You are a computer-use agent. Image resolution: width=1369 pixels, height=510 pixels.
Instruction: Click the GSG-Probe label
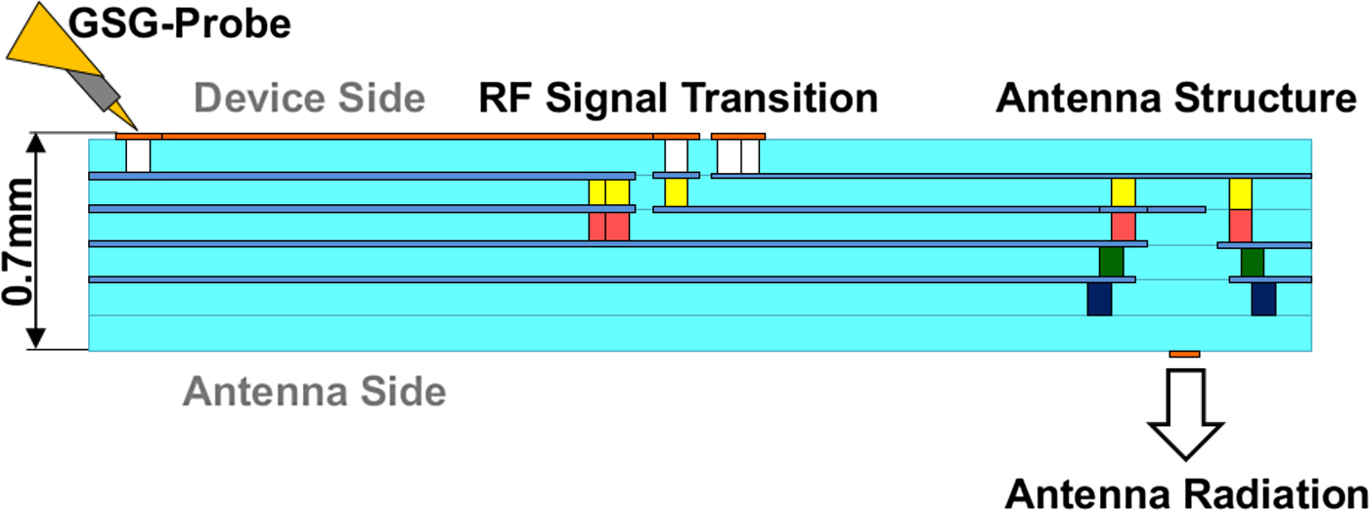179,25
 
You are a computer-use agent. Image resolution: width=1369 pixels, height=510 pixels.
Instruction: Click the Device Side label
309,99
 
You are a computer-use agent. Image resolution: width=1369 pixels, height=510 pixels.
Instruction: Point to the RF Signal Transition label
679,99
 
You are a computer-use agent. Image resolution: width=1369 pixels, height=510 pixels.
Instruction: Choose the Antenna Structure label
1176,98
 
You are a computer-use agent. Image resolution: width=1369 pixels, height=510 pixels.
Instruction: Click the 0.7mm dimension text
18,242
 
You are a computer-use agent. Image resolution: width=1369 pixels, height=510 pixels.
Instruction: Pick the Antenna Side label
314,391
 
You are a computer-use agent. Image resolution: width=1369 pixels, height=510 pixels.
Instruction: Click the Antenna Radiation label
1185,493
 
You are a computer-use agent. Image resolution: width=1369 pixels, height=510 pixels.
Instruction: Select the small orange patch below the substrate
1184,355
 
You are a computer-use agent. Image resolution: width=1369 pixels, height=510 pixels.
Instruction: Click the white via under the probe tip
138,155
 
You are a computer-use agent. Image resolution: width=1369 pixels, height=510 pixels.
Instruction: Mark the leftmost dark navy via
1099,299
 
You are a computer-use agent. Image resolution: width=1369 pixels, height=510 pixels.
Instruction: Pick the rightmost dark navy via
1263,299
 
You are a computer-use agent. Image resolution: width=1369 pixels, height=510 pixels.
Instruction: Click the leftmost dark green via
1111,262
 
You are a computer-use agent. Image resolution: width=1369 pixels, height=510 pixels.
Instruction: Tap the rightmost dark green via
1253,263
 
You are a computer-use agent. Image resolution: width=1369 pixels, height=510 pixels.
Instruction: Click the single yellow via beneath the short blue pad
676,192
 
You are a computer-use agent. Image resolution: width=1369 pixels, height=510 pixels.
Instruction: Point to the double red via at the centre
608,227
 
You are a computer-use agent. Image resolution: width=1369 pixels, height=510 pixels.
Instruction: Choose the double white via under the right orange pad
738,156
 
